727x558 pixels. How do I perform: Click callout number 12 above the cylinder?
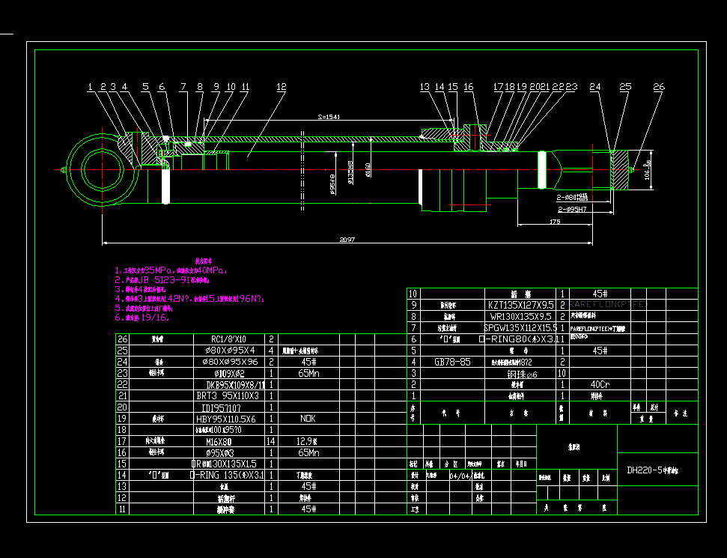pyautogui.click(x=281, y=87)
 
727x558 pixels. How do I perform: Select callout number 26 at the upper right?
pyautogui.click(x=659, y=87)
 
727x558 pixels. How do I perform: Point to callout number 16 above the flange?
pyautogui.click(x=469, y=87)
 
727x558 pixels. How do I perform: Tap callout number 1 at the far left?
pyautogui.click(x=91, y=87)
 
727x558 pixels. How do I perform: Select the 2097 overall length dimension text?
pyautogui.click(x=346, y=240)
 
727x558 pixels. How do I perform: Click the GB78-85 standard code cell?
pyautogui.click(x=453, y=361)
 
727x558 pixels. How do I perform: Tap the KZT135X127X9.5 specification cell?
pyautogui.click(x=521, y=305)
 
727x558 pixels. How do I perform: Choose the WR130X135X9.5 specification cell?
pyautogui.click(x=521, y=316)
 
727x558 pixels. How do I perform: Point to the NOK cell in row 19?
pyautogui.click(x=308, y=419)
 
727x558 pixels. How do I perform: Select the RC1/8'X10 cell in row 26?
pyautogui.click(x=228, y=339)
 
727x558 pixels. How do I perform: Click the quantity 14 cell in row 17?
pyautogui.click(x=271, y=442)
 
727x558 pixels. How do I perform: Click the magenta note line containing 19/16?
pyautogui.click(x=142, y=317)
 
